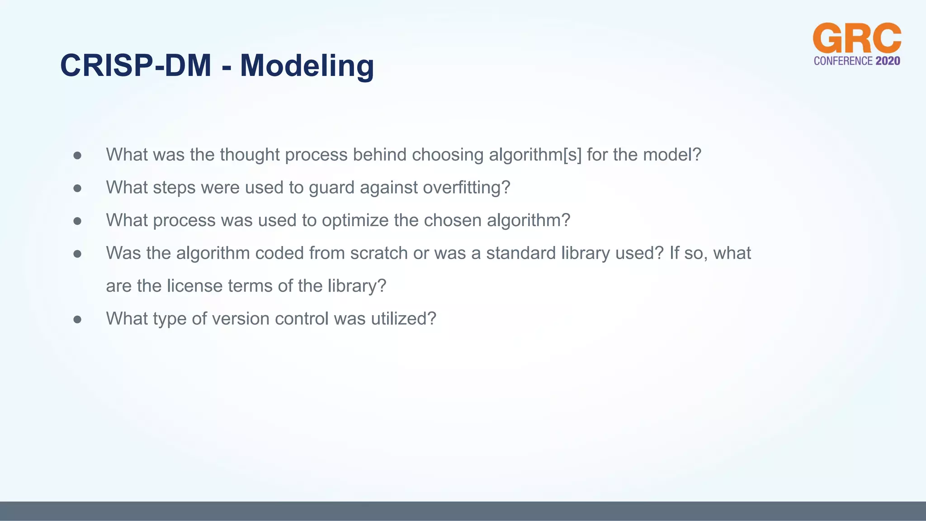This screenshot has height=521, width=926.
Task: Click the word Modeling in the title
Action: [307, 66]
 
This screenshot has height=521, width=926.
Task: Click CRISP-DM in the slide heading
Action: [136, 66]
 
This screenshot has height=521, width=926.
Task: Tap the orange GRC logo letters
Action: [857, 39]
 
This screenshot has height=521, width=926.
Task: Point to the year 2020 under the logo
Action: [888, 61]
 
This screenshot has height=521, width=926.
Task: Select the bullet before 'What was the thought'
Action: [77, 156]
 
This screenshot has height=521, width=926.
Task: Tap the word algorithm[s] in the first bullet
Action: [535, 155]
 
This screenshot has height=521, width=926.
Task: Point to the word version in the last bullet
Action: [241, 319]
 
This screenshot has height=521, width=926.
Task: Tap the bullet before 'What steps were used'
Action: [77, 188]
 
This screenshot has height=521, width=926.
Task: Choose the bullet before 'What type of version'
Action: [77, 320]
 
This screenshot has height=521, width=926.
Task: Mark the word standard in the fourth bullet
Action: [521, 253]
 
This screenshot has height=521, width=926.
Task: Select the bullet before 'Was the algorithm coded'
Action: [77, 254]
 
